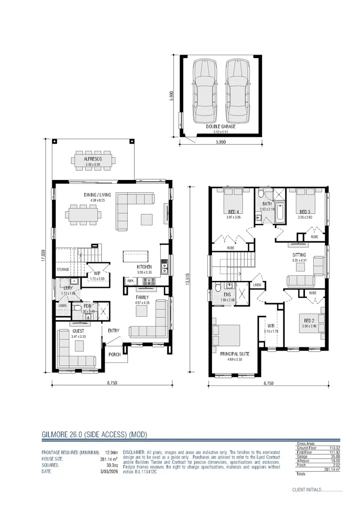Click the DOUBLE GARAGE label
pos(221,126)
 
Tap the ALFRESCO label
pos(93,159)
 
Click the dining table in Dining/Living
pos(84,215)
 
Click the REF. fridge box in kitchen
pos(131,281)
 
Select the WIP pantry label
pos(97,273)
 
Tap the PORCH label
pos(115,354)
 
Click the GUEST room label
pos(78,331)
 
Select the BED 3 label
pos(305,212)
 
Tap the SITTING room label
pos(299,254)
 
